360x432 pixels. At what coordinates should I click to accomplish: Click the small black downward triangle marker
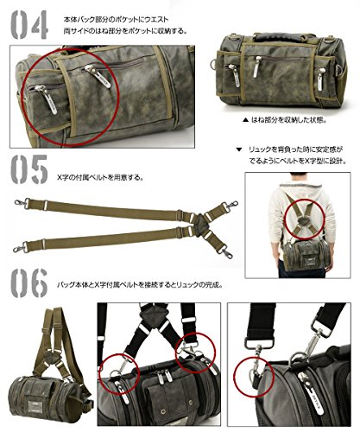(239, 149)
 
